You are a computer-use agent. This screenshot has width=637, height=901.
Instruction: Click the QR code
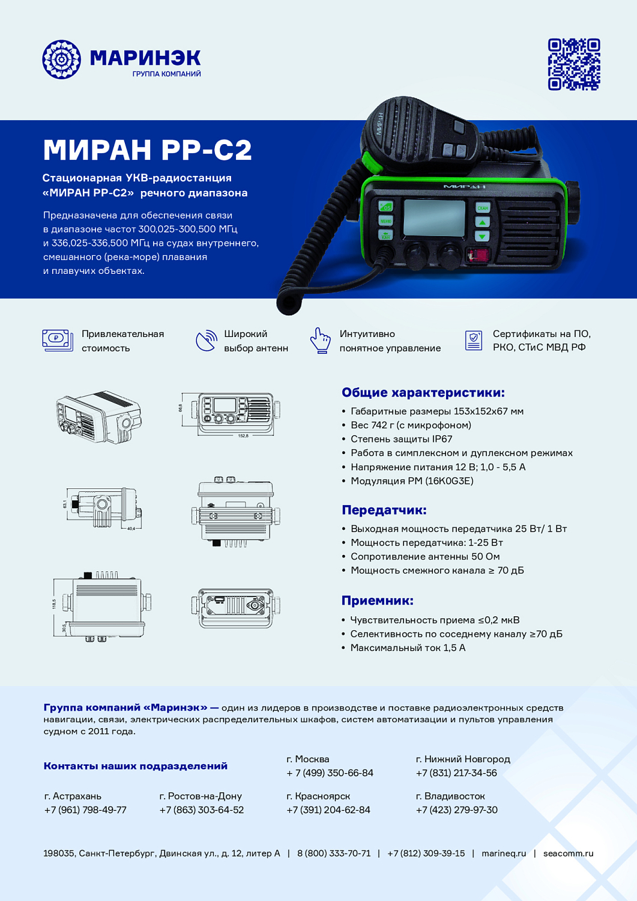pyautogui.click(x=573, y=64)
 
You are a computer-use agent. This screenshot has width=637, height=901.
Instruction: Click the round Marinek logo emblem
pyautogui.click(x=61, y=59)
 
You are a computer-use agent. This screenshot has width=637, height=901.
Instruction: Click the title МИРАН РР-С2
pyautogui.click(x=147, y=150)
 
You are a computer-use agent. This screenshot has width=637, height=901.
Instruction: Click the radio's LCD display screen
pyautogui.click(x=434, y=217)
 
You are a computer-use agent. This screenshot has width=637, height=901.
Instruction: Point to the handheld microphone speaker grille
pyautogui.click(x=403, y=129)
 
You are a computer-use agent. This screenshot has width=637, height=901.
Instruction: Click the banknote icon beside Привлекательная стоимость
pyautogui.click(x=57, y=340)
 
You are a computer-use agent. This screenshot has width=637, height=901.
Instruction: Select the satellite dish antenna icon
pyautogui.click(x=206, y=341)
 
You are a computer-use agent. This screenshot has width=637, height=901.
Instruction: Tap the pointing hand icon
pyautogui.click(x=321, y=341)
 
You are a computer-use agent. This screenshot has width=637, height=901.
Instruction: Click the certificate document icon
pyautogui.click(x=474, y=340)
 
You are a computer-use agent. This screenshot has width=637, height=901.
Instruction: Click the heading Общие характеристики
pyautogui.click(x=423, y=392)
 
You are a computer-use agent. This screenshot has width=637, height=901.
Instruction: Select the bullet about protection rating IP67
pyautogui.click(x=401, y=439)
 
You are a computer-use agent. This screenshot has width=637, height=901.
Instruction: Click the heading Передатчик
pyautogui.click(x=384, y=510)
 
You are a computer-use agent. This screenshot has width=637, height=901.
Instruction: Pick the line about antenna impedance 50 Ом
pyautogui.click(x=424, y=556)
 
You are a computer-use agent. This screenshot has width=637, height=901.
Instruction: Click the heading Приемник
pyautogui.click(x=377, y=601)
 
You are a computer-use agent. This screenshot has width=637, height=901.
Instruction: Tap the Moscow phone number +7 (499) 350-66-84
pyautogui.click(x=330, y=773)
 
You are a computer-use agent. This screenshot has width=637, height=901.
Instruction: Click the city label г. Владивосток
pyautogui.click(x=450, y=796)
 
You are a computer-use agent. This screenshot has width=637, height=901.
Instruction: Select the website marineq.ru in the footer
pyautogui.click(x=503, y=853)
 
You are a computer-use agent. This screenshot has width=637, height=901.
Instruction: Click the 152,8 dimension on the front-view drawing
pyautogui.click(x=243, y=435)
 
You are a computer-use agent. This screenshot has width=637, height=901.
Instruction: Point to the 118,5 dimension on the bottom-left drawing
pyautogui.click(x=54, y=603)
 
